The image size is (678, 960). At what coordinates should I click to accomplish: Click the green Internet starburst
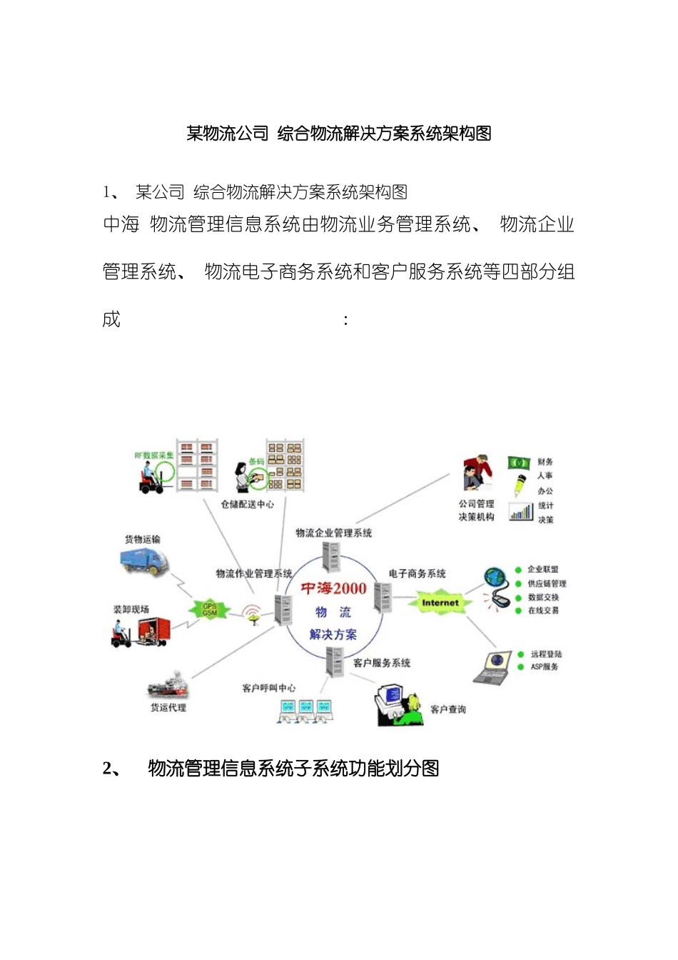click(x=440, y=603)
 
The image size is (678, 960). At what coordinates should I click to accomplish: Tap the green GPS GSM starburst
click(x=210, y=609)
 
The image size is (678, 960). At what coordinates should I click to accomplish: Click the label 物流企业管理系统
click(x=334, y=533)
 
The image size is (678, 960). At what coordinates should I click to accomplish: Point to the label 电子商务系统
click(x=418, y=574)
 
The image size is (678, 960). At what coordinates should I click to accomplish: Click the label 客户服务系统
click(x=382, y=663)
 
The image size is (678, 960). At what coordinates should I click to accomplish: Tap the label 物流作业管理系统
click(x=254, y=574)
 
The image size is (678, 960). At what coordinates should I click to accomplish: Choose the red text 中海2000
click(x=333, y=589)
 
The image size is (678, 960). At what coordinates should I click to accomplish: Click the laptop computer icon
click(x=494, y=666)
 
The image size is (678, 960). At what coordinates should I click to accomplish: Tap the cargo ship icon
click(x=168, y=686)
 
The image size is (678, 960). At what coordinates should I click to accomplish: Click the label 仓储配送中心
click(x=247, y=504)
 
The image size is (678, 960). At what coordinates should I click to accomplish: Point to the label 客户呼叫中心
click(x=269, y=688)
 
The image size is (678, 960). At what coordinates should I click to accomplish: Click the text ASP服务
click(x=545, y=667)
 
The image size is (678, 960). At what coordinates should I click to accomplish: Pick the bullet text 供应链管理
click(x=547, y=584)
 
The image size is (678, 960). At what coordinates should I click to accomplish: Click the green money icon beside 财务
click(x=518, y=463)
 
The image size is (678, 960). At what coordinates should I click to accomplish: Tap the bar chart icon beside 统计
click(x=521, y=511)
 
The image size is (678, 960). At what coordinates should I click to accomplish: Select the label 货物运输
click(x=143, y=539)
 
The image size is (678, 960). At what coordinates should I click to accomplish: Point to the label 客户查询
click(x=448, y=709)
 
